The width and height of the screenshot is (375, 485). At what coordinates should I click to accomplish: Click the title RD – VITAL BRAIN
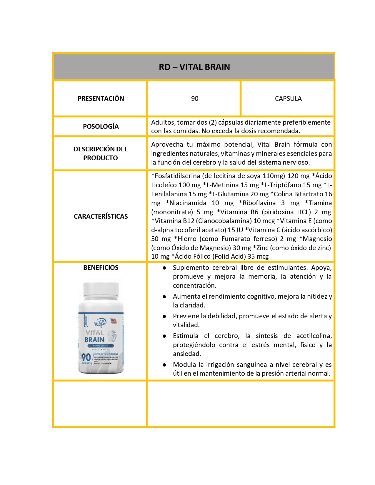click(x=194, y=67)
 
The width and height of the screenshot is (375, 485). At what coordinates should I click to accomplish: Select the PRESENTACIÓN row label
click(x=101, y=98)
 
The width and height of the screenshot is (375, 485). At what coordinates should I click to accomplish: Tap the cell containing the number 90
click(x=194, y=98)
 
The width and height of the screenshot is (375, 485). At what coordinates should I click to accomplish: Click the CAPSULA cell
click(x=288, y=98)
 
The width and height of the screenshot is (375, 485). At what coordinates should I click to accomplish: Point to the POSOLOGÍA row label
click(x=101, y=126)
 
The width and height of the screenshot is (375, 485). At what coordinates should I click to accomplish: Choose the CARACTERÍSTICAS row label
click(x=101, y=216)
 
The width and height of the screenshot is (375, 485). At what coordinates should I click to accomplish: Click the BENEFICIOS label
click(x=101, y=267)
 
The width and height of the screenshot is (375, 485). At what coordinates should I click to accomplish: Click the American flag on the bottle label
click(x=114, y=321)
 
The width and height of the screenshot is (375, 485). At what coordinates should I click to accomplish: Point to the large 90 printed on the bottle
click(x=86, y=357)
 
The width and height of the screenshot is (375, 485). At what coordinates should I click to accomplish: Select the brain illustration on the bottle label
click(x=112, y=336)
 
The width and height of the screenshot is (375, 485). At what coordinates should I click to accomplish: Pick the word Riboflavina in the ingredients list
click(x=259, y=203)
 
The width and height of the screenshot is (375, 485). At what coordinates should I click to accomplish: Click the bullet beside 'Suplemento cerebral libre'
click(x=164, y=268)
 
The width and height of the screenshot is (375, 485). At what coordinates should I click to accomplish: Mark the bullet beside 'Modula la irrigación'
click(x=164, y=365)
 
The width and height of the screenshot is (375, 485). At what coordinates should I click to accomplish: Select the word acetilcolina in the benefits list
click(x=314, y=336)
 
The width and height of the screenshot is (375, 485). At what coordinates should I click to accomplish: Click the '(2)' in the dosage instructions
click(x=212, y=122)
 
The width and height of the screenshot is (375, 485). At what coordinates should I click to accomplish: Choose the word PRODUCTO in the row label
click(x=101, y=158)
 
